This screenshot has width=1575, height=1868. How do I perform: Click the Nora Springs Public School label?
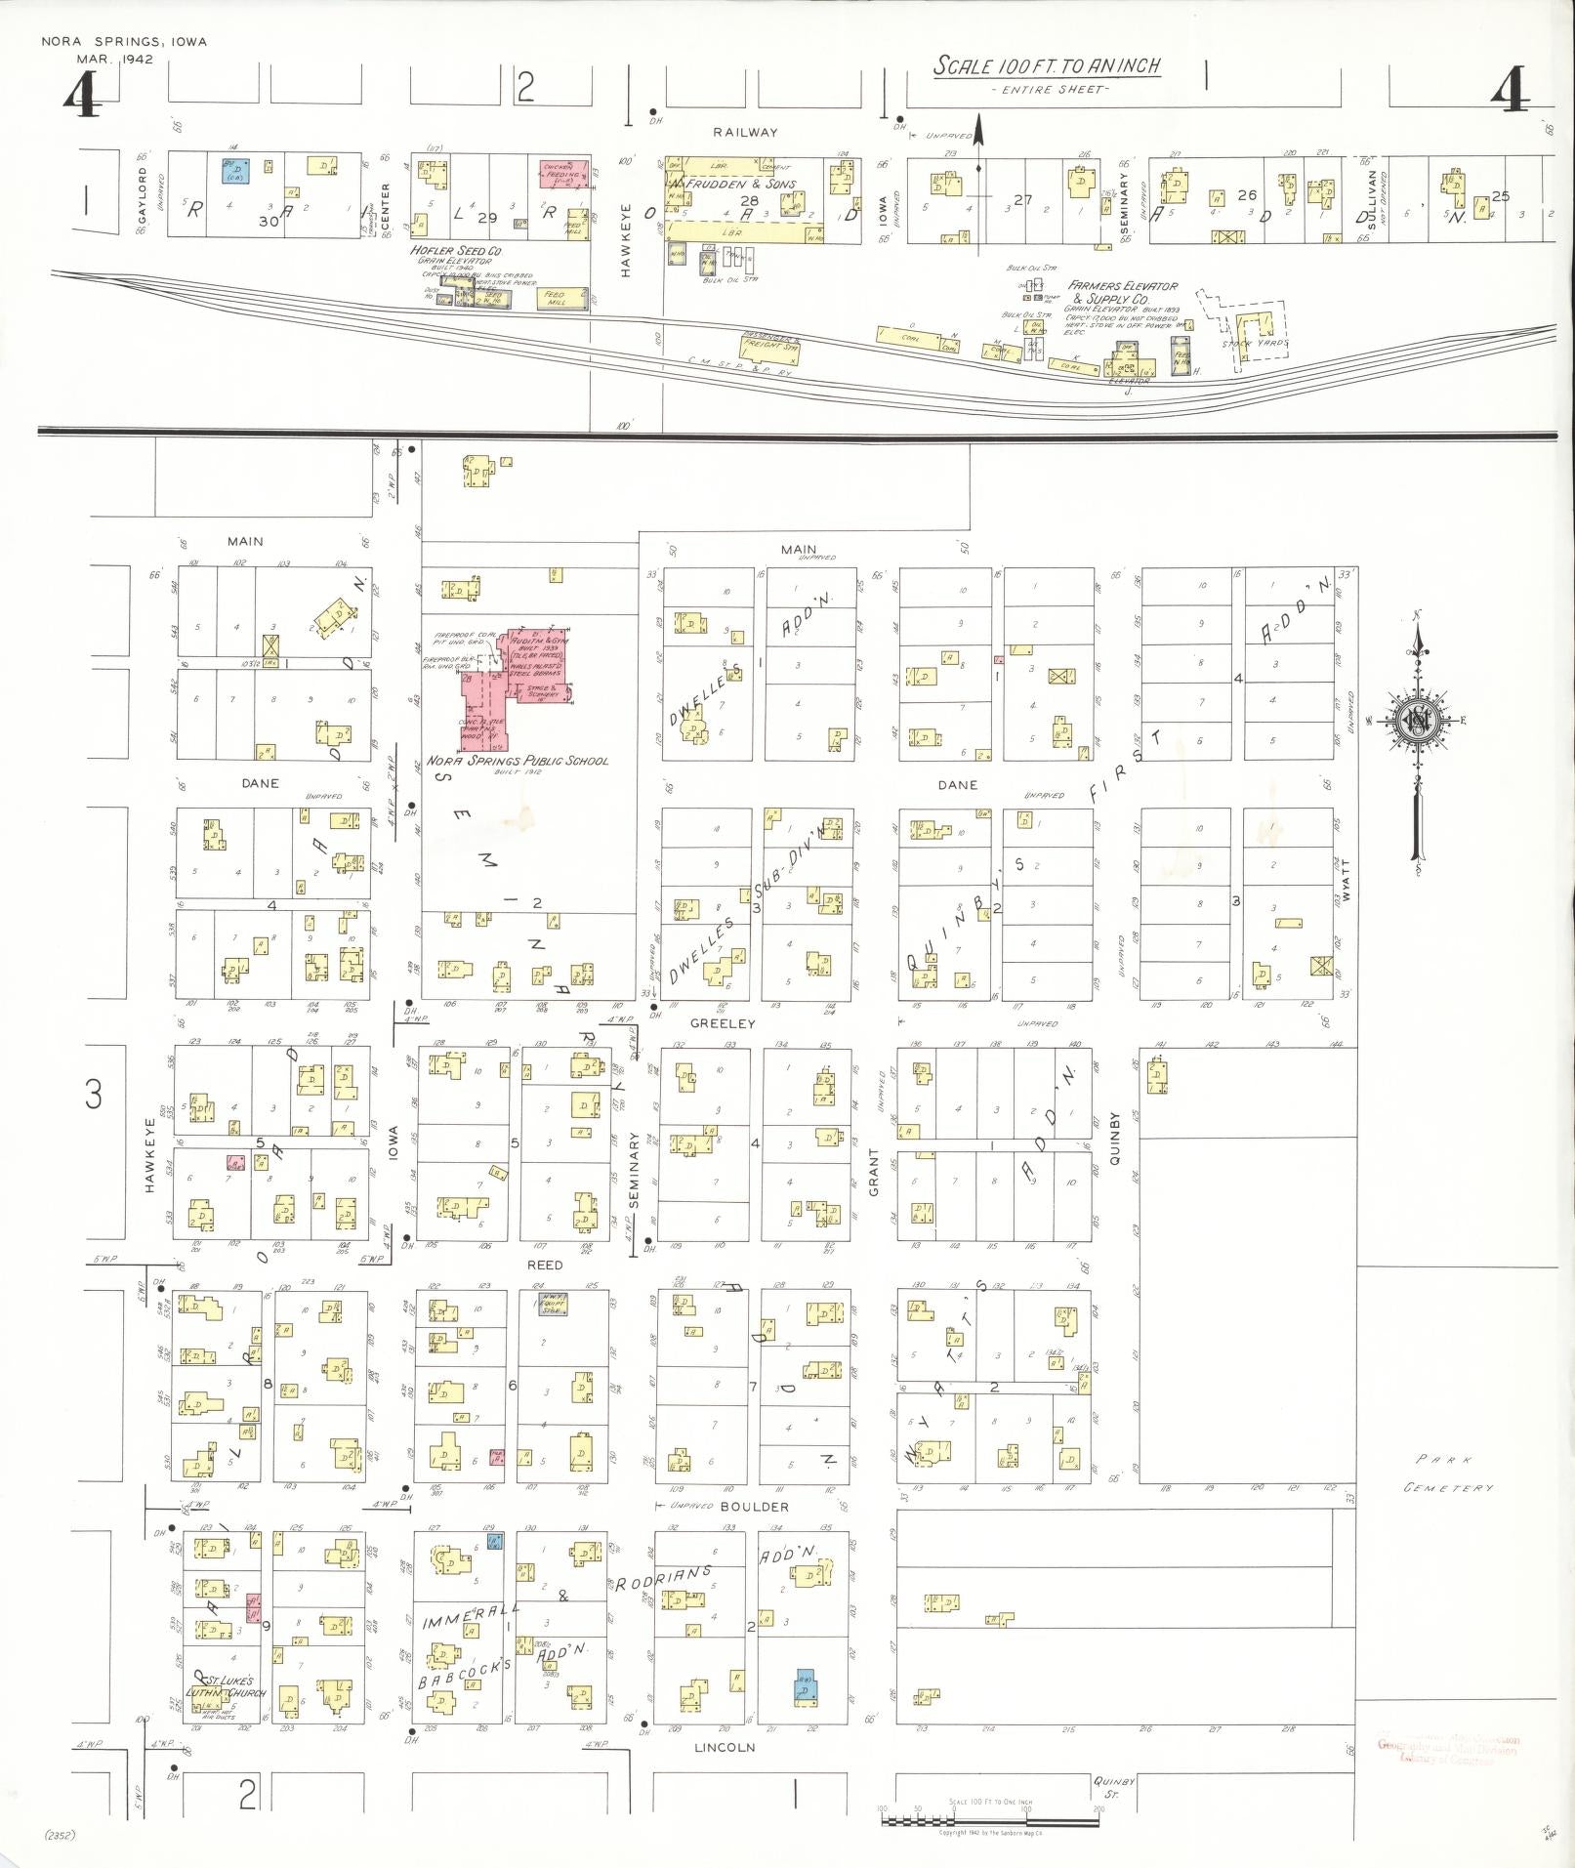(517, 761)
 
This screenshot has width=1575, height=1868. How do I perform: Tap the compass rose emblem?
(1416, 722)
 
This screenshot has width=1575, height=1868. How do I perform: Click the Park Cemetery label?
(1448, 1474)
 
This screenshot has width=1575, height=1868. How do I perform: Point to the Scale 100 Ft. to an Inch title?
(1047, 66)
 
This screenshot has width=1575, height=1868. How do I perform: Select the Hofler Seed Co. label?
(456, 251)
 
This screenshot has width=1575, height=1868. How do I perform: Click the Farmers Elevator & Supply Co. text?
(1122, 293)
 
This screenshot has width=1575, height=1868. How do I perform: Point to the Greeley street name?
(723, 1023)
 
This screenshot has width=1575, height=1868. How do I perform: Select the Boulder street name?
(755, 1507)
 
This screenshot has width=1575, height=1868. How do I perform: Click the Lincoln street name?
(725, 1747)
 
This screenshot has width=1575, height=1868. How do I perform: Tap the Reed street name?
(545, 1265)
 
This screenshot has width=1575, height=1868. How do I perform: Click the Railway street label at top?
(745, 132)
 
